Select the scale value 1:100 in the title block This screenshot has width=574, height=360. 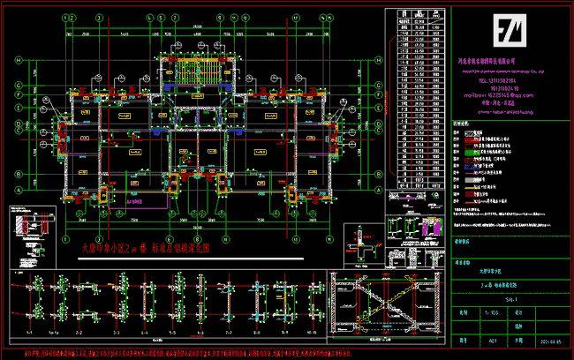point(468,311)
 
